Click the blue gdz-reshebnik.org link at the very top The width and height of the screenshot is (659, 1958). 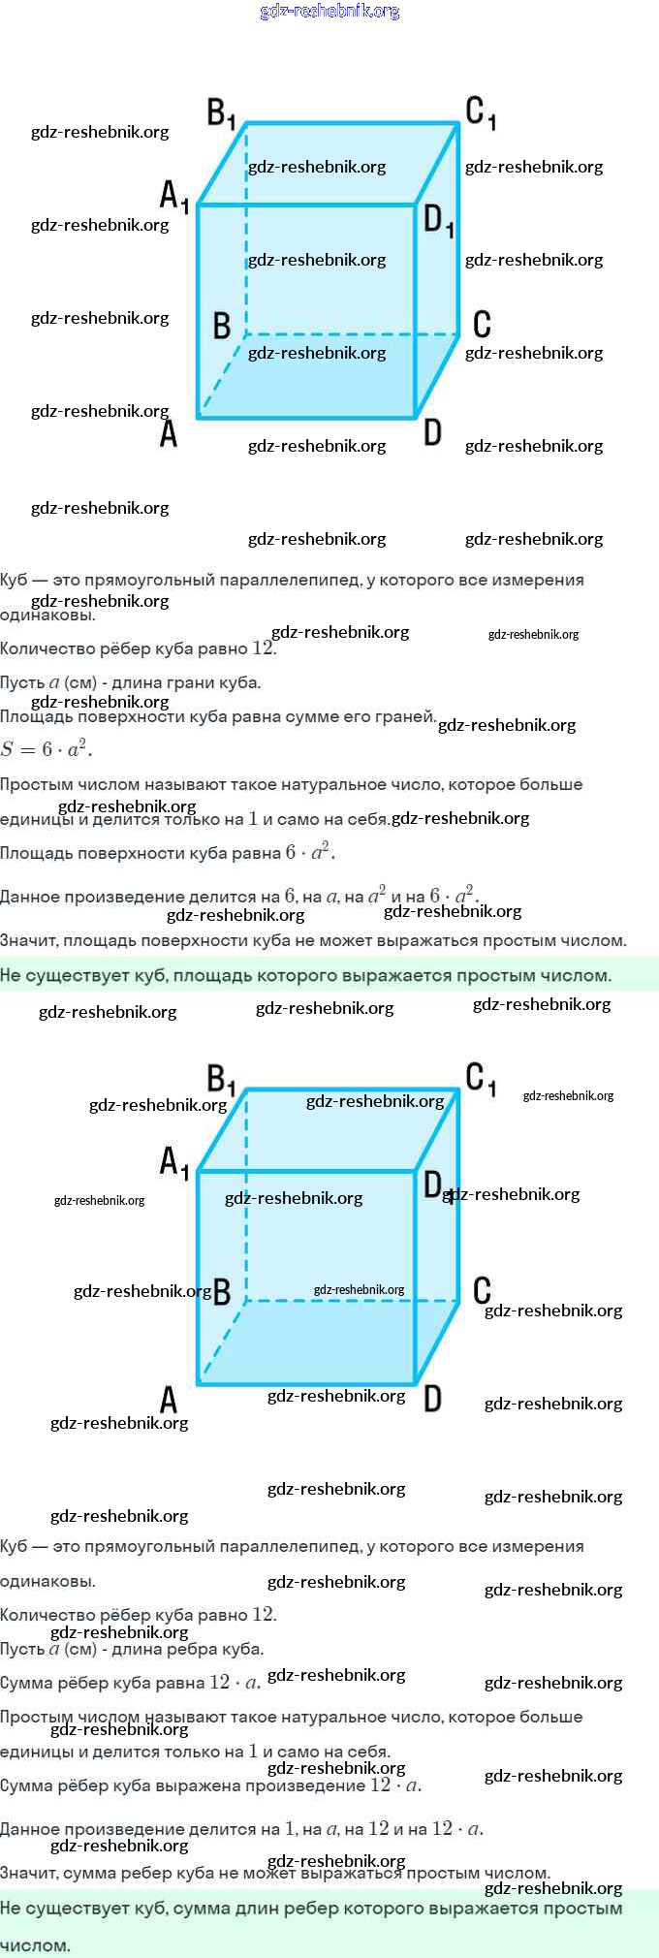click(329, 12)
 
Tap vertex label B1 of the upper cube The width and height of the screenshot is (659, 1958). click(221, 113)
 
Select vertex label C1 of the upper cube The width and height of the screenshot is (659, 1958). click(481, 112)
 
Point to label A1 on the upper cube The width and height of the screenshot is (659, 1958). click(173, 197)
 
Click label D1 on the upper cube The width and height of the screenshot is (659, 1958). click(438, 221)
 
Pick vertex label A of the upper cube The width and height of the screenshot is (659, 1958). click(169, 433)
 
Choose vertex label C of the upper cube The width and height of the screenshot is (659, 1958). click(482, 324)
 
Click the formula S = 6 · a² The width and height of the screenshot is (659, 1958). click(47, 749)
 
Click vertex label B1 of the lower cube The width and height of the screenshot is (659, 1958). click(221, 1079)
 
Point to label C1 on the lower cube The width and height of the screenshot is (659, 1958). click(481, 1079)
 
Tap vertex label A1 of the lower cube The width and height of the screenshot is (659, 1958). click(173, 1161)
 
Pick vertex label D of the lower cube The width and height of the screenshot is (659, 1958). click(432, 1398)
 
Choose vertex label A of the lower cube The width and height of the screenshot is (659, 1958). click(169, 1400)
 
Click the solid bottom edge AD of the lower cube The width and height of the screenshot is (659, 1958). click(306, 1383)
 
